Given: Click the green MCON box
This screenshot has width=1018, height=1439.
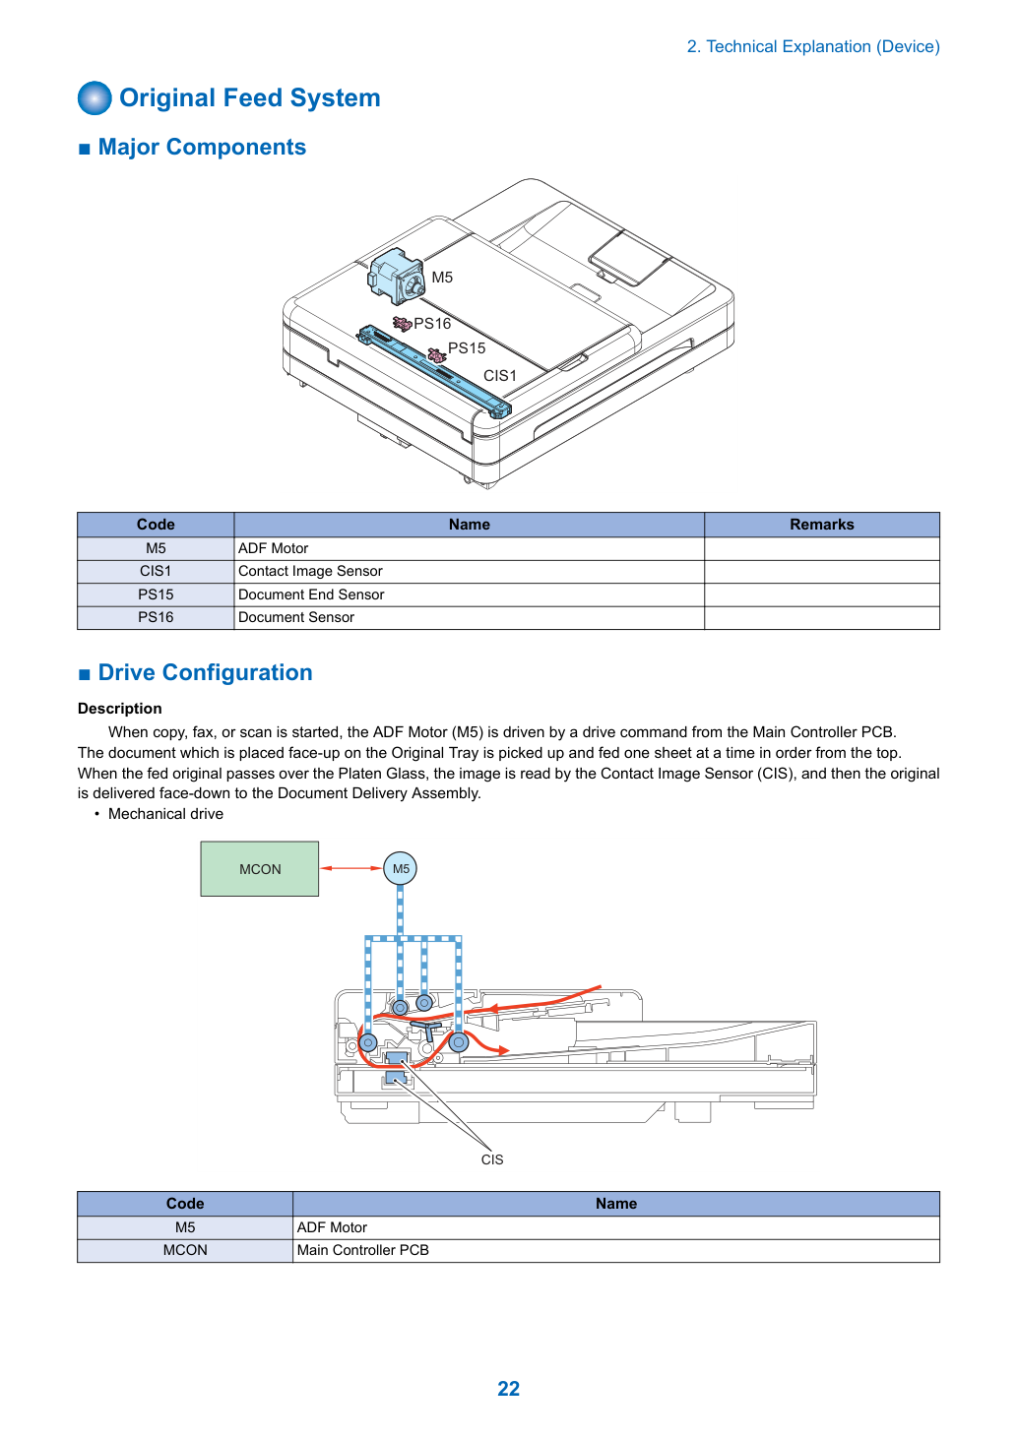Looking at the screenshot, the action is pyautogui.click(x=260, y=868).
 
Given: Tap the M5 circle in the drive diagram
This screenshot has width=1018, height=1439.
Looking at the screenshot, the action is pyautogui.click(x=401, y=868).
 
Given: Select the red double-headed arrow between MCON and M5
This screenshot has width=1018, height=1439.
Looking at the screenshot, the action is pyautogui.click(x=350, y=868).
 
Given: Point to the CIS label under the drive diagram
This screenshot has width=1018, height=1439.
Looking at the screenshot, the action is pyautogui.click(x=492, y=1159).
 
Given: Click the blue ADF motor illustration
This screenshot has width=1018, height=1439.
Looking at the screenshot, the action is pyautogui.click(x=395, y=277).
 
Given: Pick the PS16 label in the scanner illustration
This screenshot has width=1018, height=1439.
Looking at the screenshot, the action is pyautogui.click(x=432, y=323).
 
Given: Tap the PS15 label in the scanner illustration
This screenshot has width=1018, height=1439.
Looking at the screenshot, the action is pyautogui.click(x=467, y=348).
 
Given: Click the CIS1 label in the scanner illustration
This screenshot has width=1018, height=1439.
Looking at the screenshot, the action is pyautogui.click(x=500, y=376).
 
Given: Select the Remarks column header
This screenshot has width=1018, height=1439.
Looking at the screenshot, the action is pyautogui.click(x=822, y=525).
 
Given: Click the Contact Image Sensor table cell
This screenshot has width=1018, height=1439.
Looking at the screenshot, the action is pyautogui.click(x=470, y=571).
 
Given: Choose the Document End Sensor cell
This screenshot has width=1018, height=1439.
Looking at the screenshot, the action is pyautogui.click(x=470, y=594).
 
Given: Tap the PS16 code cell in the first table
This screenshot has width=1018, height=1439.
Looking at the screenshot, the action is pyautogui.click(x=156, y=617).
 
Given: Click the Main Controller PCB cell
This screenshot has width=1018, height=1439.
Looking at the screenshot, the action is pyautogui.click(x=615, y=1250).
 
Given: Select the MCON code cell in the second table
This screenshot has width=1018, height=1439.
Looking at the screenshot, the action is pyautogui.click(x=185, y=1250).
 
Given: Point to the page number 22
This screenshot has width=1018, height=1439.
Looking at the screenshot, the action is pyautogui.click(x=508, y=1388).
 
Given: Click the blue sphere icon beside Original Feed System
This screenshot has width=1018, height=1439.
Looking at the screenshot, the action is pyautogui.click(x=95, y=97).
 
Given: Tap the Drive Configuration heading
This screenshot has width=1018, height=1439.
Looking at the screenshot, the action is pyautogui.click(x=205, y=672).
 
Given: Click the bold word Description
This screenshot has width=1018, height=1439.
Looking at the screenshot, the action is pyautogui.click(x=119, y=709).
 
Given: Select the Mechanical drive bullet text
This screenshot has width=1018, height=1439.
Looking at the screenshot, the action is pyautogui.click(x=165, y=814).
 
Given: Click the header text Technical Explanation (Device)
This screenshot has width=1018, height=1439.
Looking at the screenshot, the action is pyautogui.click(x=823, y=46).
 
